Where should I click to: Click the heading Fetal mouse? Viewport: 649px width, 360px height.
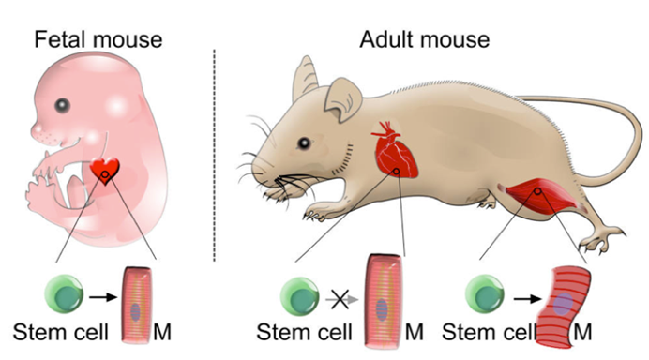[98, 39]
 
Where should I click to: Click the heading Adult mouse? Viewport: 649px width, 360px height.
[424, 39]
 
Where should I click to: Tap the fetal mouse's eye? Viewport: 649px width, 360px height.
[62, 106]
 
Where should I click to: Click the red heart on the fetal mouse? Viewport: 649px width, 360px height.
[105, 170]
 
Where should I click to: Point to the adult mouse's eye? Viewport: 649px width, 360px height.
[304, 143]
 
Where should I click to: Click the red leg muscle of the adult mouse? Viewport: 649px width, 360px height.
[540, 195]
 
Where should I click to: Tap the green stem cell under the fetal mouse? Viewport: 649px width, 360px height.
[64, 294]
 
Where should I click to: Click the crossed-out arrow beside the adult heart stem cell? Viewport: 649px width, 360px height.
[340, 299]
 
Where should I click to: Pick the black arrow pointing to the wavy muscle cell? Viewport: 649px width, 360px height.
[527, 298]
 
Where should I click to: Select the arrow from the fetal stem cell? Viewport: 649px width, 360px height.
[103, 296]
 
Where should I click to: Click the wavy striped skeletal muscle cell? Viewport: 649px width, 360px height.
[565, 307]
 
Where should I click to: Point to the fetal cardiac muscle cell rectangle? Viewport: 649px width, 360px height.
[136, 305]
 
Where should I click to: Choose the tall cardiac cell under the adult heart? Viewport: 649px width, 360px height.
[383, 302]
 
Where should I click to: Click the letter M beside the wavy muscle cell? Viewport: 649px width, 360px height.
[582, 332]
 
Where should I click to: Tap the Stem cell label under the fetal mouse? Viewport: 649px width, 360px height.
[60, 332]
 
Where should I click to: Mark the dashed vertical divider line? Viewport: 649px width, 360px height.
[214, 156]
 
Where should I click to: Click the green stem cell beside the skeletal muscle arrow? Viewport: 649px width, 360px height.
[485, 295]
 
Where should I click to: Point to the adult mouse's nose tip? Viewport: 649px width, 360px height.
[254, 169]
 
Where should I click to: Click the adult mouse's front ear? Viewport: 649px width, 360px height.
[342, 99]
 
